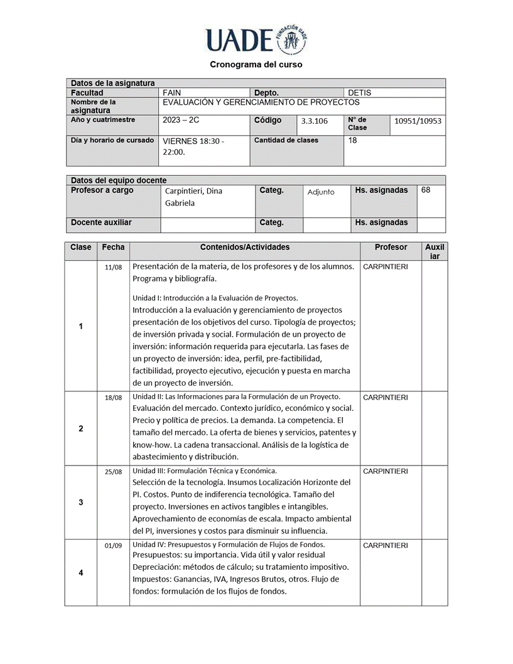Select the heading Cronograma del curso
(x=256, y=64)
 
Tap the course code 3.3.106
(x=314, y=121)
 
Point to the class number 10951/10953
(x=418, y=121)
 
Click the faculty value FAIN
(x=171, y=92)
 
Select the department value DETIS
(x=359, y=92)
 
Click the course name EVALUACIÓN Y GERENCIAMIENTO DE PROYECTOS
(x=261, y=102)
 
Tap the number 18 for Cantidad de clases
(x=352, y=141)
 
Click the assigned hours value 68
(x=426, y=190)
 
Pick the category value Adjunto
(x=321, y=192)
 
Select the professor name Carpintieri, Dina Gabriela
(x=193, y=197)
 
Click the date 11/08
(x=113, y=267)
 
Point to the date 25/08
(x=113, y=471)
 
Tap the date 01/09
(x=113, y=545)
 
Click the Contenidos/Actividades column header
(x=245, y=248)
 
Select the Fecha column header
(x=113, y=248)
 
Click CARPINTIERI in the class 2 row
(x=385, y=397)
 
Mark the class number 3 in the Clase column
(x=80, y=502)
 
